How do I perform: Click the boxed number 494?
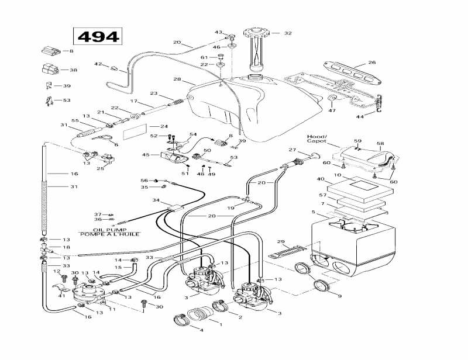(x=98, y=36)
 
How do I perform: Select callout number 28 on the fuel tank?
(x=177, y=79)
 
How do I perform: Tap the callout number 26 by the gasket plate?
(x=371, y=63)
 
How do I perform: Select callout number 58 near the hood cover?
(x=380, y=143)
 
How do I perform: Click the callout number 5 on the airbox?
(x=314, y=212)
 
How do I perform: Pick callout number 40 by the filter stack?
(x=321, y=179)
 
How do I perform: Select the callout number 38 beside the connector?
(x=73, y=70)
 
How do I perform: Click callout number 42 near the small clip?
(x=98, y=64)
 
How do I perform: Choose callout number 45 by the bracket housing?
(x=147, y=155)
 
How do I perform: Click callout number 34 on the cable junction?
(x=156, y=200)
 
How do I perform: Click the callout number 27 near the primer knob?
(x=292, y=150)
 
